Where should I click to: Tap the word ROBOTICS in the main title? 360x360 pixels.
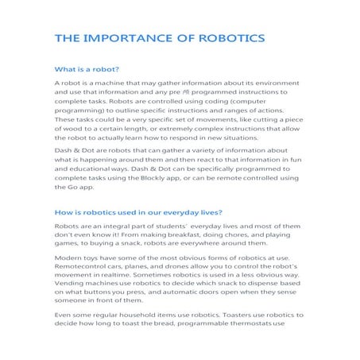[227, 38]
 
